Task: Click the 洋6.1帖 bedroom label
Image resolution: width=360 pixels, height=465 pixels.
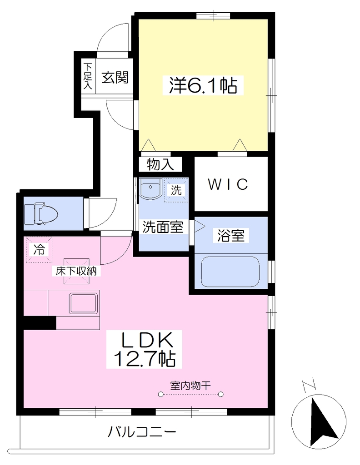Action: coord(203,85)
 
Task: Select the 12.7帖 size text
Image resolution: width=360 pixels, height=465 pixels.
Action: coord(145,359)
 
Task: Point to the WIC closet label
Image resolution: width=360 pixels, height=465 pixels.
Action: coord(228,184)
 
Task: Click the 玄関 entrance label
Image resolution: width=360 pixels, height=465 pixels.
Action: coord(115,77)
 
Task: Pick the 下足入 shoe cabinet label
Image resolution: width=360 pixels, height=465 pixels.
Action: coord(88,76)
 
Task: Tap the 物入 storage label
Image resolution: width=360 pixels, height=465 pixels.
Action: coord(160,164)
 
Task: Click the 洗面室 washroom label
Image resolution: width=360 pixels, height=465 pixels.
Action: coord(163,227)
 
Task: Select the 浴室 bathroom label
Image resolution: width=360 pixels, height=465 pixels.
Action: coord(231,236)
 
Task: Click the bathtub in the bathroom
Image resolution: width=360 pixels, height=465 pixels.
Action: coord(230,272)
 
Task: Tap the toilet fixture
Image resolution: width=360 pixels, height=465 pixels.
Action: coord(41,213)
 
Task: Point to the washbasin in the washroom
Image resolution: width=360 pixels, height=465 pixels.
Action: coord(150,188)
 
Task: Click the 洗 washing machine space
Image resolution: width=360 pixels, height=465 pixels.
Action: coord(176,190)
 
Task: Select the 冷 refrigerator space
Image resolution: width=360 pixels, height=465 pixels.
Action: coord(39,249)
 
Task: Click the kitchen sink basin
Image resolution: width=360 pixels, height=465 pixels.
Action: coord(83,303)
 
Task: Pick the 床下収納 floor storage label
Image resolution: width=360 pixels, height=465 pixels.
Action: coord(76,271)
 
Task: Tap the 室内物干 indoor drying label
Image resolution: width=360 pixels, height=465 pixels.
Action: coord(190,386)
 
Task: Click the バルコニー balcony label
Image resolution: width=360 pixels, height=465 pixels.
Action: coord(141,431)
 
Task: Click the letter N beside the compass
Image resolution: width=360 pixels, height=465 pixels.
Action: coord(310,386)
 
